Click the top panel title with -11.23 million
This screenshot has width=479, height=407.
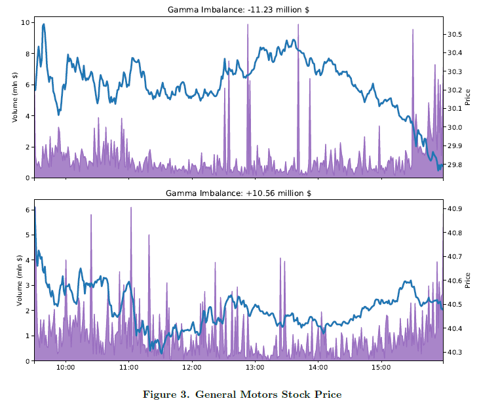point(239,10)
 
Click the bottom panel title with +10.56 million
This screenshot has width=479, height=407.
point(239,193)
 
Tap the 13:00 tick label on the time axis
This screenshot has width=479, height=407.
point(255,368)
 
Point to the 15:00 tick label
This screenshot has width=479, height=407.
point(381,368)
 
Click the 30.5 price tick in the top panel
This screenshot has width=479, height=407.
point(455,34)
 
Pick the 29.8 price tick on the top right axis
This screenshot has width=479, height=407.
point(455,165)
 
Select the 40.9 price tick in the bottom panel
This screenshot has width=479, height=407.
point(455,209)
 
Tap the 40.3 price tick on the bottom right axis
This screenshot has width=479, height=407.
point(455,353)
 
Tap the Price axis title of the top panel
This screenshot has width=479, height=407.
point(468,98)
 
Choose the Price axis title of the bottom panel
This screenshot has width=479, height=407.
point(468,281)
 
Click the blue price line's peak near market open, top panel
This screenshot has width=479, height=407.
point(44,25)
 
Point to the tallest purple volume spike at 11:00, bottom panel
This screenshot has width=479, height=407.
point(131,208)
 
